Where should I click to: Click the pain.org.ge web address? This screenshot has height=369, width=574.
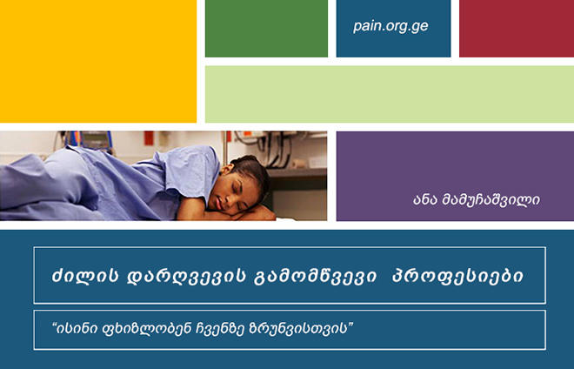[390, 26]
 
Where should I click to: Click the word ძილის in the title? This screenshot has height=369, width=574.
[85, 276]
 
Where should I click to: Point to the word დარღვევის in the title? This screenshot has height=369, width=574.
[186, 277]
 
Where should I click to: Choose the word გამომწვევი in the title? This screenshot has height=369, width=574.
[315, 276]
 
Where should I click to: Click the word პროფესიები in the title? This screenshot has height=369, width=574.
[457, 277]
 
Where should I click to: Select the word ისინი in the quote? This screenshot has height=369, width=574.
[76, 329]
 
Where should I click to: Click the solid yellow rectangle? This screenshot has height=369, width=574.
[98, 61]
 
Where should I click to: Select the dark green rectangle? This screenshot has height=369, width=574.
[266, 29]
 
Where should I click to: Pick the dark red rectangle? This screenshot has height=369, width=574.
[517, 29]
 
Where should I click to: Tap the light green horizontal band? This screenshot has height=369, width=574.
[390, 94]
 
